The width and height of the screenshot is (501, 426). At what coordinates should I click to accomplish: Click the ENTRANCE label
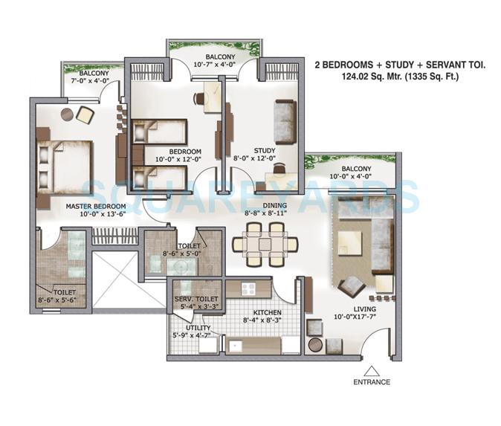pos(372,381)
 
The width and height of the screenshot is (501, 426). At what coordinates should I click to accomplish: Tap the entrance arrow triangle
pos(372,369)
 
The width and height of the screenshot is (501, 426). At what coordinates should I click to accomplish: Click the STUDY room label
pos(264,149)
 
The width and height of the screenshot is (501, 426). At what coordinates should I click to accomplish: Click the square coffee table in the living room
pos(349,239)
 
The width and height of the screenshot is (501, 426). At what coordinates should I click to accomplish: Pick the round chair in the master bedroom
pos(65,114)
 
